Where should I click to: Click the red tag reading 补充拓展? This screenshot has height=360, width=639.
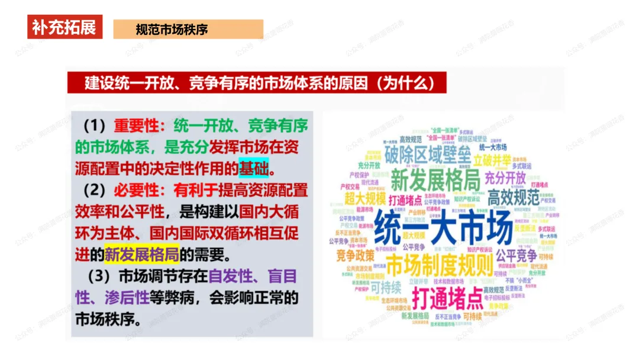(64, 27)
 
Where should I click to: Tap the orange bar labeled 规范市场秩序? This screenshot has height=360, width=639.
(188, 29)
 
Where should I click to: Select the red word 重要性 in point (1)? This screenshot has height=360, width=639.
(138, 126)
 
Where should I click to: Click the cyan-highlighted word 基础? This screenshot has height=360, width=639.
(253, 169)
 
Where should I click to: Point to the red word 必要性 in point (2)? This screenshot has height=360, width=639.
(138, 191)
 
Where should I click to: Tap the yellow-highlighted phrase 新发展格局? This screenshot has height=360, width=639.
(142, 255)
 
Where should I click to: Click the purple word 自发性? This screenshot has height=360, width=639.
(231, 277)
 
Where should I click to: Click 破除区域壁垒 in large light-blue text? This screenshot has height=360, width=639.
(427, 156)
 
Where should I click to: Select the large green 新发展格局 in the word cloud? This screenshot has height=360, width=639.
(435, 179)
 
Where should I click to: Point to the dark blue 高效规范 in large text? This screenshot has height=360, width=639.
(513, 197)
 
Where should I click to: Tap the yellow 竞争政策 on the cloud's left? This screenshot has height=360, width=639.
(356, 256)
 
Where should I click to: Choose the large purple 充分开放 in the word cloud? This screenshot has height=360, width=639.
(505, 178)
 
